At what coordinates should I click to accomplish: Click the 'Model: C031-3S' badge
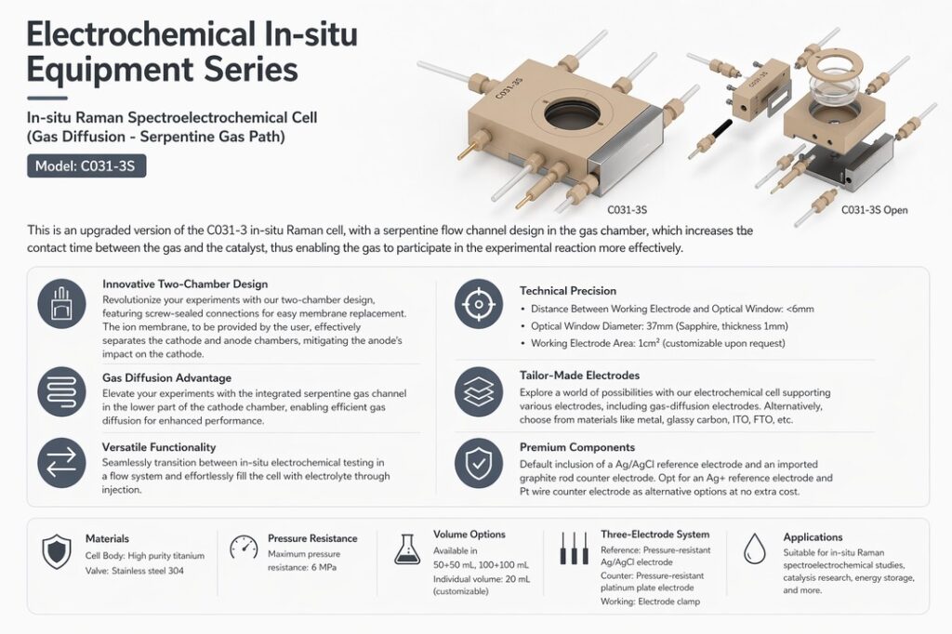coord(86,165)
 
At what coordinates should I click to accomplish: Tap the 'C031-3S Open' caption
coord(874,210)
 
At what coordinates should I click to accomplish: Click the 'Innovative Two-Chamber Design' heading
coord(185,284)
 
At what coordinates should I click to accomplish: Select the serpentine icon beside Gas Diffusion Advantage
coord(61,391)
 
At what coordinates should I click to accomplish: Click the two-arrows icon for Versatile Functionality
coord(61,462)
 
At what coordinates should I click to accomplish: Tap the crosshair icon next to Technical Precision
coord(479,304)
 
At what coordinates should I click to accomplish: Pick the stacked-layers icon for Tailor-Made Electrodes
coord(479,391)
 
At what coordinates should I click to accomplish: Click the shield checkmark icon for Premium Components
coord(479,463)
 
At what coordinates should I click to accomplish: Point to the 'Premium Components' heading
coord(577,447)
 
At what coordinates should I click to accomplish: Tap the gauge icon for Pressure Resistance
coord(245,548)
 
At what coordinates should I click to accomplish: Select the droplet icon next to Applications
coord(755,548)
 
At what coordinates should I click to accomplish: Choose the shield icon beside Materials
coord(57,551)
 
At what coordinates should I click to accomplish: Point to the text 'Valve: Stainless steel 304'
coord(134,571)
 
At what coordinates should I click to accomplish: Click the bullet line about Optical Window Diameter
coord(659,326)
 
